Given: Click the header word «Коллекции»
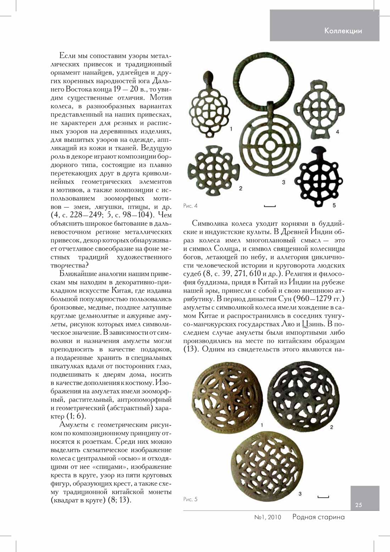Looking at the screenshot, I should pyautogui.click(x=343, y=31).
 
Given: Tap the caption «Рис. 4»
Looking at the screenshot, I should pyautogui.click(x=190, y=206).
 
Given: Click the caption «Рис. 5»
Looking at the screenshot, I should pyautogui.click(x=190, y=499).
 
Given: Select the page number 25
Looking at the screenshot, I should pyautogui.click(x=359, y=505).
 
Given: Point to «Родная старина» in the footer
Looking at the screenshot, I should pyautogui.click(x=318, y=517).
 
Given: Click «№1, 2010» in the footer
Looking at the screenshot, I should pyautogui.click(x=268, y=517).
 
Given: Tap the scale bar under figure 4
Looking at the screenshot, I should pyautogui.click(x=270, y=206).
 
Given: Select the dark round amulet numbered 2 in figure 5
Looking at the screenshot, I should pyautogui.click(x=303, y=396).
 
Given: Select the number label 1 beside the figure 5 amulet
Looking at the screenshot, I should pyautogui.click(x=262, y=425).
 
